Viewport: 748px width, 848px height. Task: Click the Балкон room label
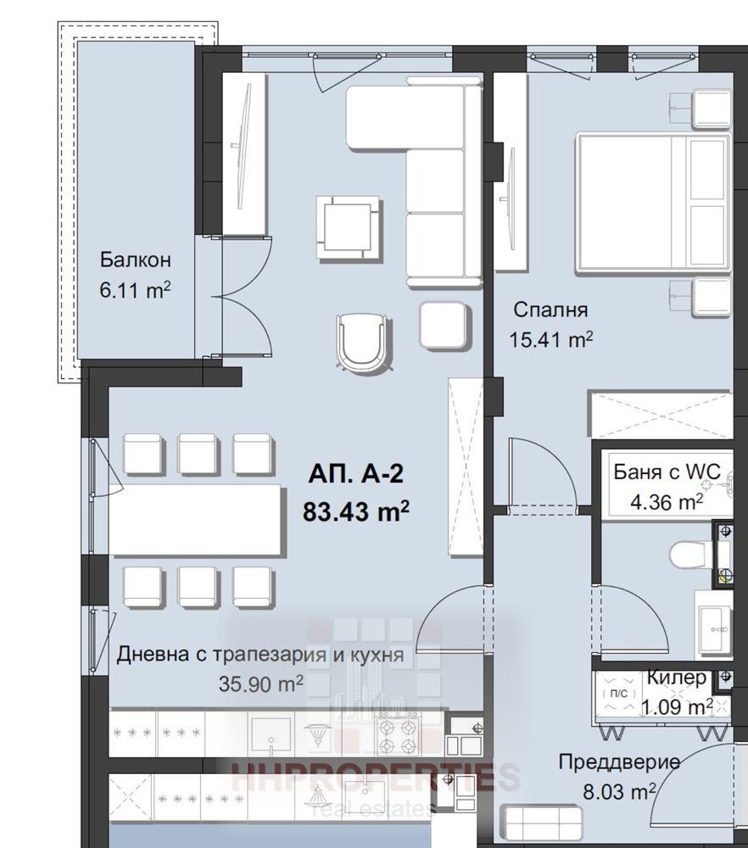pyautogui.click(x=136, y=259)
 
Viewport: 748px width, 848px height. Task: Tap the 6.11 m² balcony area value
pyautogui.click(x=136, y=290)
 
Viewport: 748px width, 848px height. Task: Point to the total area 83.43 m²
pyautogui.click(x=356, y=511)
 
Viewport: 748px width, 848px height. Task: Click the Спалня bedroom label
pyautogui.click(x=550, y=310)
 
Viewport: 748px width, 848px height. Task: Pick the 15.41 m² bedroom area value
pyautogui.click(x=550, y=340)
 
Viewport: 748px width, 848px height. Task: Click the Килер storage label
pyautogui.click(x=676, y=678)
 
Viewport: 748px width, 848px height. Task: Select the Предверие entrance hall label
pyautogui.click(x=619, y=762)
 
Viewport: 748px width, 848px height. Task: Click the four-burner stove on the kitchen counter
pyautogui.click(x=397, y=734)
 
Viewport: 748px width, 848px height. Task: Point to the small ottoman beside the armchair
pyautogui.click(x=444, y=326)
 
